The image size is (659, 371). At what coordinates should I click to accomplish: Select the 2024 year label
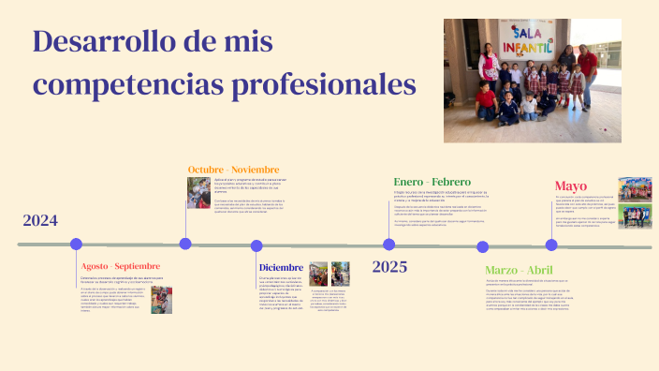point(40,221)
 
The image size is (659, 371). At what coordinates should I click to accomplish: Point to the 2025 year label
point(389,267)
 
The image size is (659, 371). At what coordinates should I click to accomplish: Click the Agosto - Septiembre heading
point(121,266)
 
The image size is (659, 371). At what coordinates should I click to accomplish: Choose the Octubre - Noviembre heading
point(234,170)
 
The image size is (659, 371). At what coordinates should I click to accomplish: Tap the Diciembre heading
point(282,266)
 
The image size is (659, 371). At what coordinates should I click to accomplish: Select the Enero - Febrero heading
point(432,181)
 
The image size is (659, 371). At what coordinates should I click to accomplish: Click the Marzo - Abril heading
point(520,270)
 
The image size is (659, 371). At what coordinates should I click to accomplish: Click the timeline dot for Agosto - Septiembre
point(76,244)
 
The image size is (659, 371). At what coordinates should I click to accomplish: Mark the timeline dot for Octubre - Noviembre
point(185,244)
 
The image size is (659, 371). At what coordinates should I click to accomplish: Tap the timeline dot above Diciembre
point(256,245)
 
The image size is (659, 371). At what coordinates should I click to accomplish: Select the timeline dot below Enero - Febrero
point(388,244)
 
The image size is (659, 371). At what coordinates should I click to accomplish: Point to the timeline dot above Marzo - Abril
point(482,247)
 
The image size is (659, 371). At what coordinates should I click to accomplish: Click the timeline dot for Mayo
point(551,245)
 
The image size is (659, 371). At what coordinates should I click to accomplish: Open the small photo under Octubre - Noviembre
point(198,193)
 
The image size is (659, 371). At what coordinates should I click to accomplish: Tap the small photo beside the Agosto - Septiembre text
point(161,300)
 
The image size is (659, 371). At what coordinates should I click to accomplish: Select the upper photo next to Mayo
point(634,189)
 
